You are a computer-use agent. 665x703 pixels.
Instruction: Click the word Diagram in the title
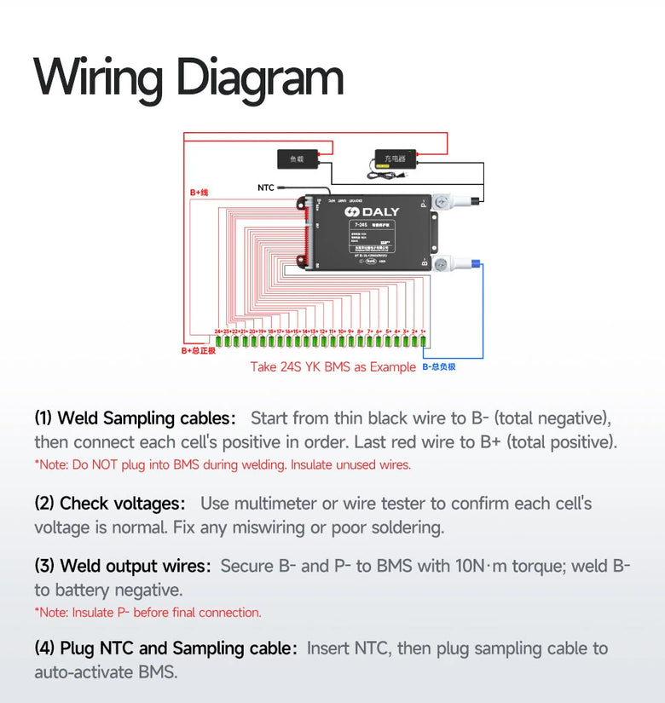(260, 78)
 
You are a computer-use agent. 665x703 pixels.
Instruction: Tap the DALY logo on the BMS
(372, 211)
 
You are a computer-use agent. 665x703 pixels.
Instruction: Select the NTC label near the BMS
(266, 187)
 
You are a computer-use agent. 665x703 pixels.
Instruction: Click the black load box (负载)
(298, 158)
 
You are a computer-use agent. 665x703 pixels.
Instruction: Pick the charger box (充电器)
(394, 158)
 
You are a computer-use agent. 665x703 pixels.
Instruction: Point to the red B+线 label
(199, 193)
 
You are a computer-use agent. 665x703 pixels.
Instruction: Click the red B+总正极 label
(199, 350)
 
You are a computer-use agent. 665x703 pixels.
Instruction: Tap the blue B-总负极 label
(439, 367)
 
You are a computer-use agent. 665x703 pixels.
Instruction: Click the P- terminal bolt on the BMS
(442, 202)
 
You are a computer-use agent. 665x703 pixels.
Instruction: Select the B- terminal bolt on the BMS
(442, 264)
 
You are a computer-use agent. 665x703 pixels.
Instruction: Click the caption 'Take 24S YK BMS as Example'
(332, 367)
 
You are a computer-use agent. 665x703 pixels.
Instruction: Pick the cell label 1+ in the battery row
(423, 331)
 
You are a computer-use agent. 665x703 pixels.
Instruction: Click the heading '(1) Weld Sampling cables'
(135, 418)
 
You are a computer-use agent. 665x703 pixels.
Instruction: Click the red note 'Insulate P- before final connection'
(147, 612)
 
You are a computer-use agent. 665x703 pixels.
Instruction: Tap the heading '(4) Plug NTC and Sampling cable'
(165, 648)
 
